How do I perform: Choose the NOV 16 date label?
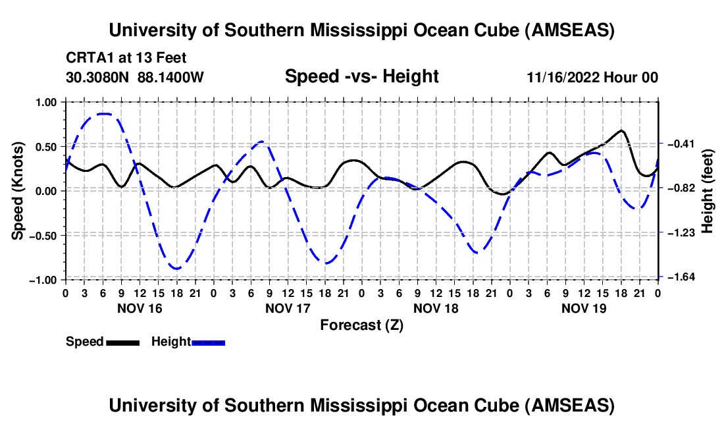coord(140,308)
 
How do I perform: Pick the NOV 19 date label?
coord(583,308)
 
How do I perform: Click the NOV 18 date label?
coord(435,308)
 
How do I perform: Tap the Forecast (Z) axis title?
coord(361,325)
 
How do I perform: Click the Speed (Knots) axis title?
coord(19,191)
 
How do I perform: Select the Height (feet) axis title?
coord(708,191)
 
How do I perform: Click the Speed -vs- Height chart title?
coord(361,77)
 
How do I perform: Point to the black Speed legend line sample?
coord(122,342)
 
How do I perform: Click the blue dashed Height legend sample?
coord(208,342)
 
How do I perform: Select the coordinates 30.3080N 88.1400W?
coord(135,77)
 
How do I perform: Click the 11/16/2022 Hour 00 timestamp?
coord(592,78)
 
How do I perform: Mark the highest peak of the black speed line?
coord(621,130)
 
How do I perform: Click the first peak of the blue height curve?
coord(104,114)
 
